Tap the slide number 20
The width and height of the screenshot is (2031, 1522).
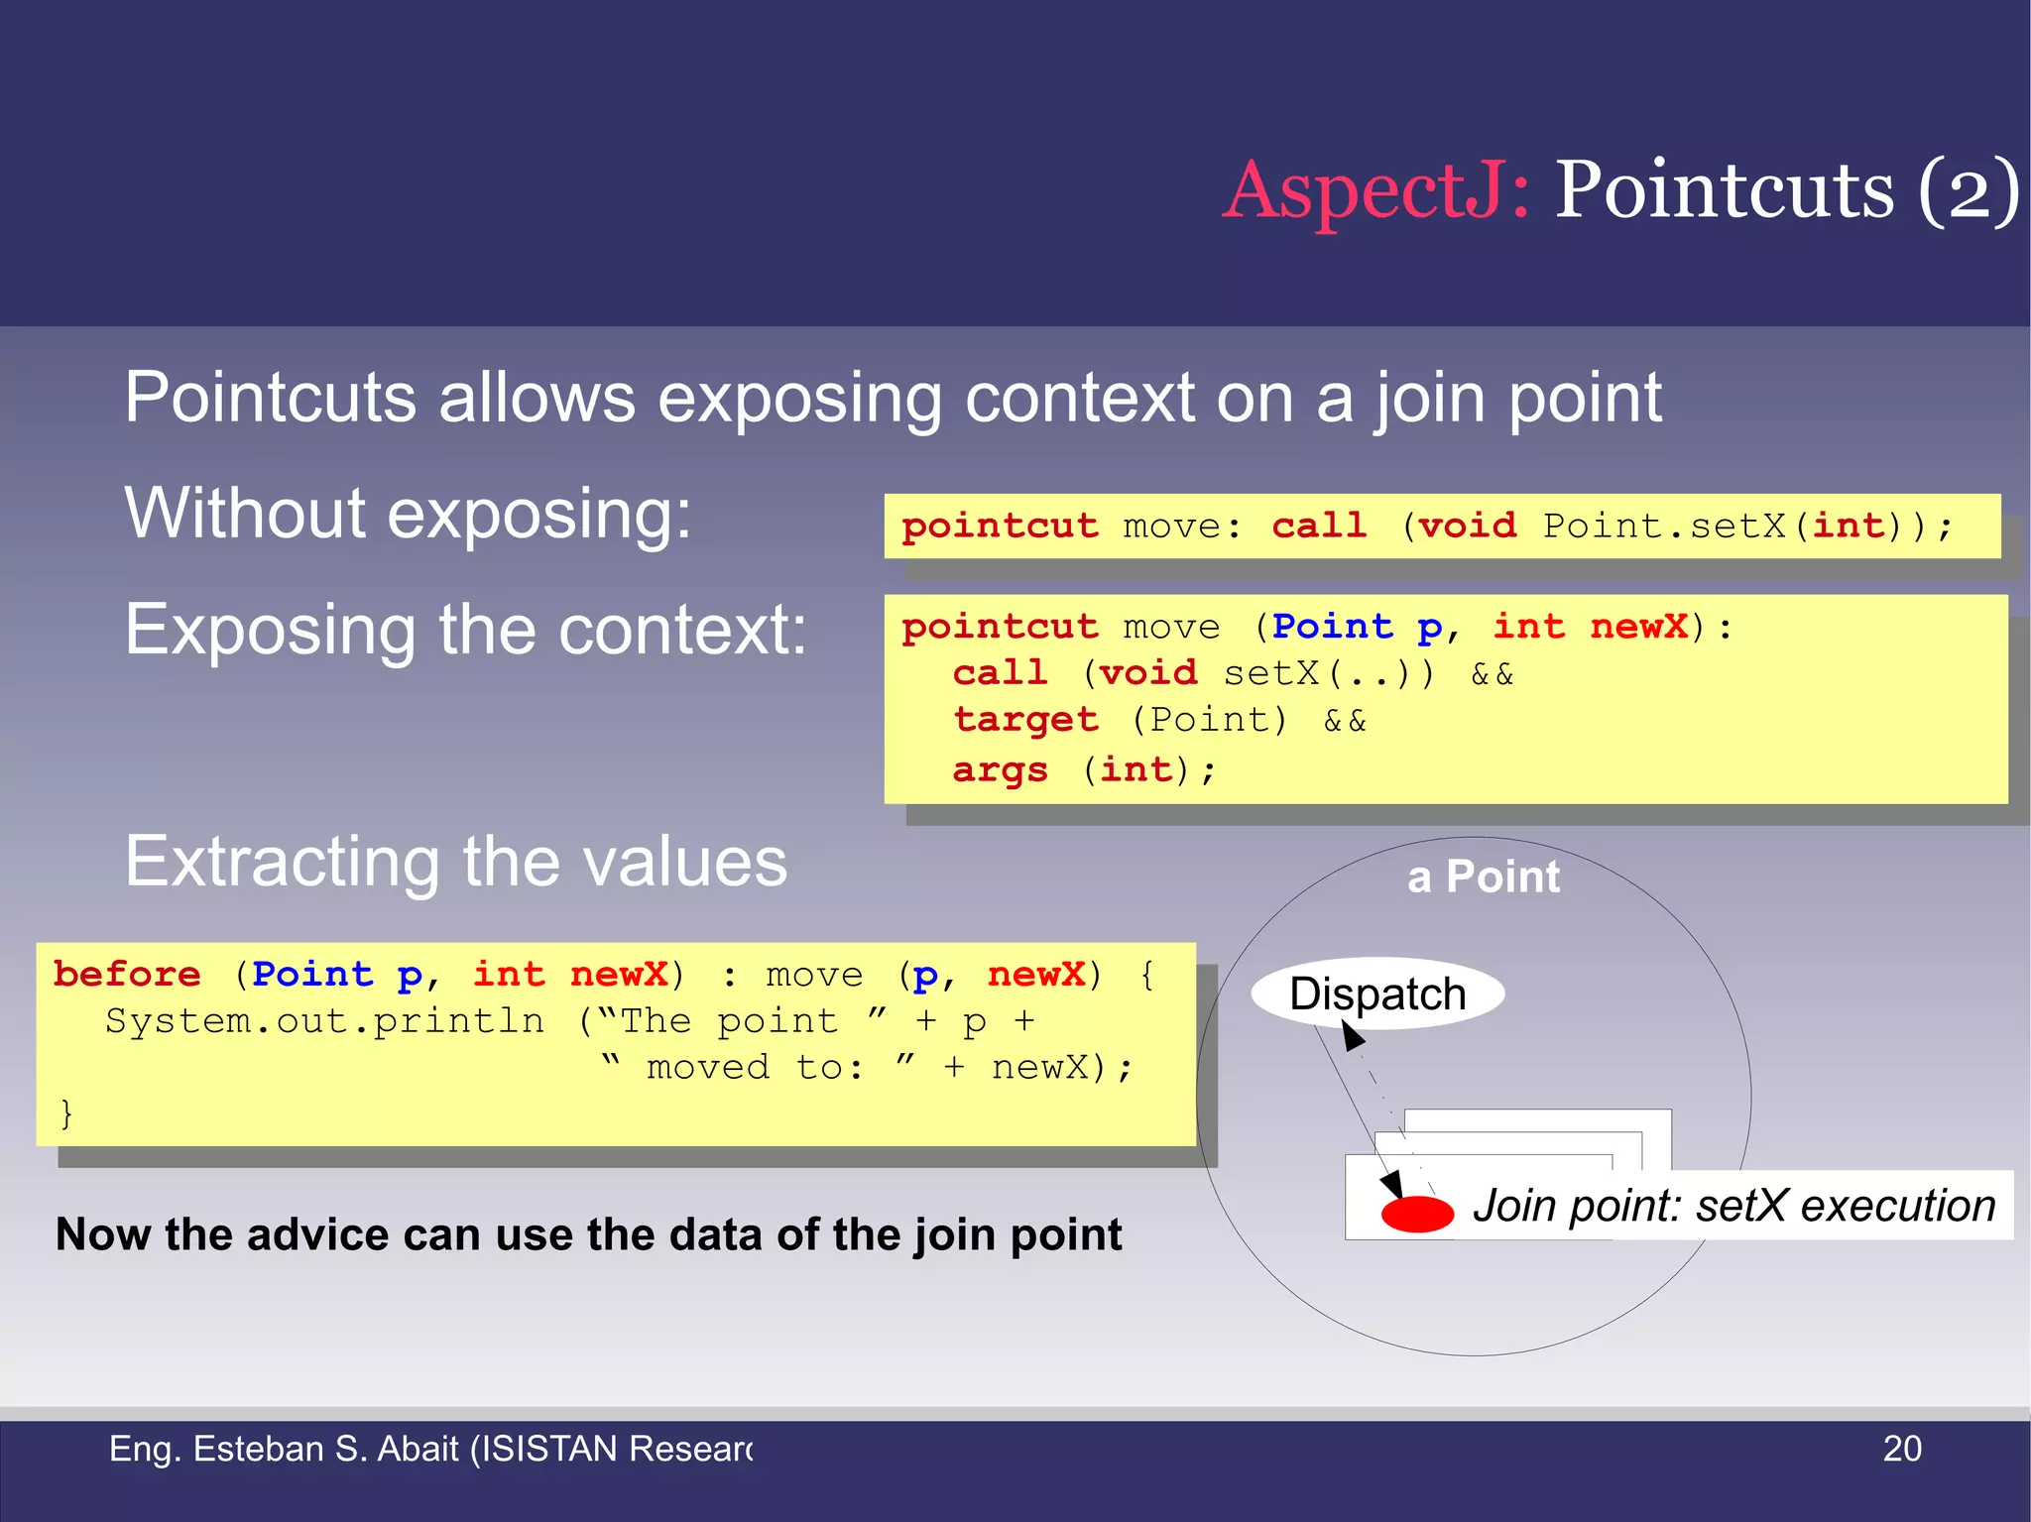[1901, 1449]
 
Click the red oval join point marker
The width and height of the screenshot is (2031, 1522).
[1416, 1214]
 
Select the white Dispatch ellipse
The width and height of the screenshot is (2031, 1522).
[1377, 994]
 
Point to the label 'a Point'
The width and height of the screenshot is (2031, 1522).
[1483, 877]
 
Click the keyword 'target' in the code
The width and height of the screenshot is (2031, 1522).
[1025, 721]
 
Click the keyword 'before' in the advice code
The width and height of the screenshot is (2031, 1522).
[127, 975]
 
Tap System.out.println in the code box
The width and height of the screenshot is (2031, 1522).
[324, 1021]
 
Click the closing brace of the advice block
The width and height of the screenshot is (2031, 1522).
[66, 1114]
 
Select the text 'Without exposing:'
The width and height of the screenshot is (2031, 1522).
[408, 514]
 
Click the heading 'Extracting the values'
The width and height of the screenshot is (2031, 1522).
[455, 861]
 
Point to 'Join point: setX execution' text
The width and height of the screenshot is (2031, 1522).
[1732, 1207]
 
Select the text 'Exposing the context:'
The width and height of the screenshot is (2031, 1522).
[465, 630]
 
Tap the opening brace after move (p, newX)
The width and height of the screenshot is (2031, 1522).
[1147, 975]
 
